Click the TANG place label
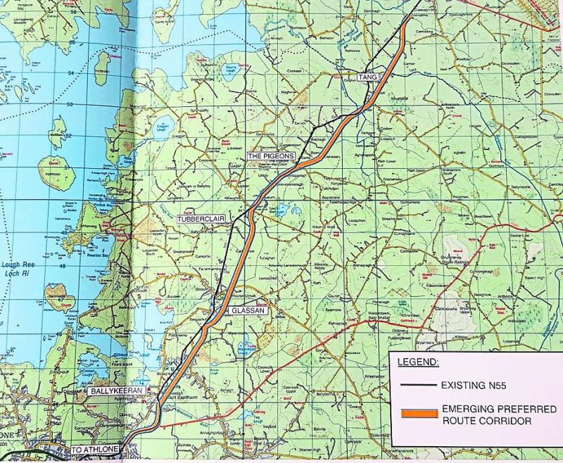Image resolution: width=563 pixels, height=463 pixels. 365,76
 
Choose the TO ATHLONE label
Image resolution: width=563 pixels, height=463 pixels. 96,449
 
